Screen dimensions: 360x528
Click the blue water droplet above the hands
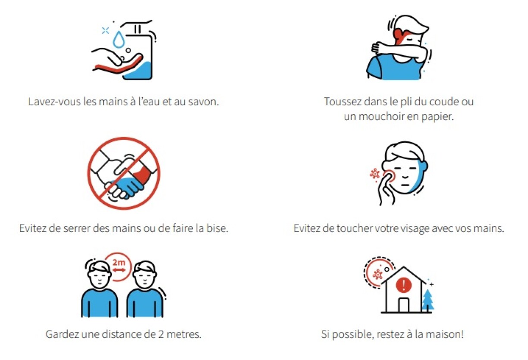point(117,40)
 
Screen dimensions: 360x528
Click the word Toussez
point(341,102)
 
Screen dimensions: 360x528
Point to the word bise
point(217,228)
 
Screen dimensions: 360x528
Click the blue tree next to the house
point(427,300)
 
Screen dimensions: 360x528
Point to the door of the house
point(403,305)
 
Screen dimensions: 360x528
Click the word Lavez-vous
point(54,103)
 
